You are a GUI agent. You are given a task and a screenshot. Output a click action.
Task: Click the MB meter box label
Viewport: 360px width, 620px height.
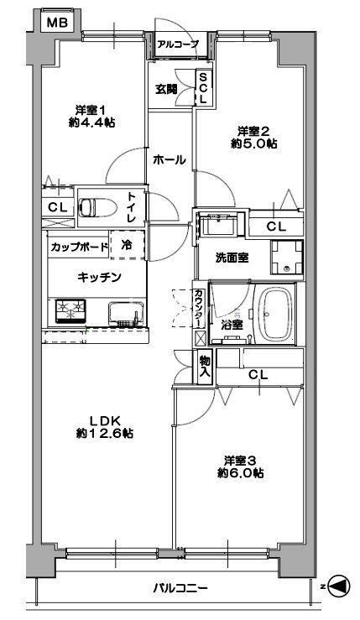[x=57, y=23]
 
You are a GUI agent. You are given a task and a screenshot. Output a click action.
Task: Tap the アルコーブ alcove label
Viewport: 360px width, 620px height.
[x=177, y=44]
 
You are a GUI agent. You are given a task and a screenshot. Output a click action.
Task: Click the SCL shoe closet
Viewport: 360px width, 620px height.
[x=203, y=88]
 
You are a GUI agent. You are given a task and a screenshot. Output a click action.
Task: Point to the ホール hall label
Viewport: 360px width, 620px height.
[x=169, y=160]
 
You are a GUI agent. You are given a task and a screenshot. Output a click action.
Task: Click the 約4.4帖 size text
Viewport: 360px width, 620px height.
[x=91, y=123]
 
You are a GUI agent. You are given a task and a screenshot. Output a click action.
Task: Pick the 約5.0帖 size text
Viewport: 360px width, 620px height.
[x=253, y=143]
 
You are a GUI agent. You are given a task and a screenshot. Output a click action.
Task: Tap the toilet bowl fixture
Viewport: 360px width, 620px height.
[x=98, y=207]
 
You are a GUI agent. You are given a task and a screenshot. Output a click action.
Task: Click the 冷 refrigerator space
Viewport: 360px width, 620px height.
[x=127, y=245]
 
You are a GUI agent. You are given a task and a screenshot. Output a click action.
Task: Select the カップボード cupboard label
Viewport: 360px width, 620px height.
[x=79, y=247]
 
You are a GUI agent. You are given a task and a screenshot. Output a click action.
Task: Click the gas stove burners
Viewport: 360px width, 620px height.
[x=70, y=310]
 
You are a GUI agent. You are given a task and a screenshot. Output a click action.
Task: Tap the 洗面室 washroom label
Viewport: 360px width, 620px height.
[x=232, y=258]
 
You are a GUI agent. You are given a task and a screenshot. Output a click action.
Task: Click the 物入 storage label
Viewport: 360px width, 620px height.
[x=205, y=366]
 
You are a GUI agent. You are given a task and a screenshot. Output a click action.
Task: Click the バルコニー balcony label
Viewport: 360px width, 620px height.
[x=180, y=588]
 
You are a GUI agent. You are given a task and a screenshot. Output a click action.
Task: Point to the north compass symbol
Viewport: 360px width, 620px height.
[x=339, y=586]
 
